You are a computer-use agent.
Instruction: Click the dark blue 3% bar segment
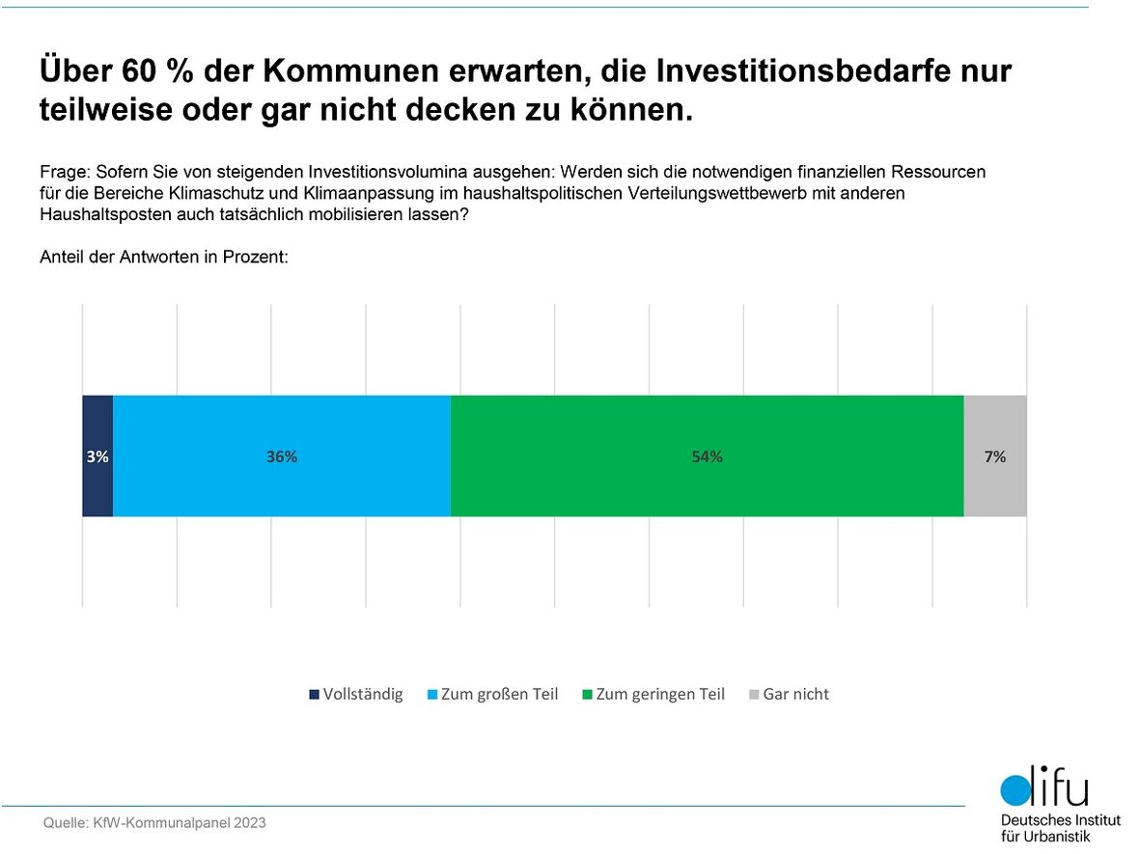[97, 425]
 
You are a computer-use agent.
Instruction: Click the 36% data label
[282, 457]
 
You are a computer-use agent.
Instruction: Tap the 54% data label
[707, 457]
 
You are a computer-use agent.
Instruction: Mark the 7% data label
[995, 457]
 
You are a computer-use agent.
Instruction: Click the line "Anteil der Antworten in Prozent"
[165, 259]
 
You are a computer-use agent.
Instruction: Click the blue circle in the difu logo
[1015, 790]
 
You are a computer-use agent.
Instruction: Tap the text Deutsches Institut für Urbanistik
[1059, 828]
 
